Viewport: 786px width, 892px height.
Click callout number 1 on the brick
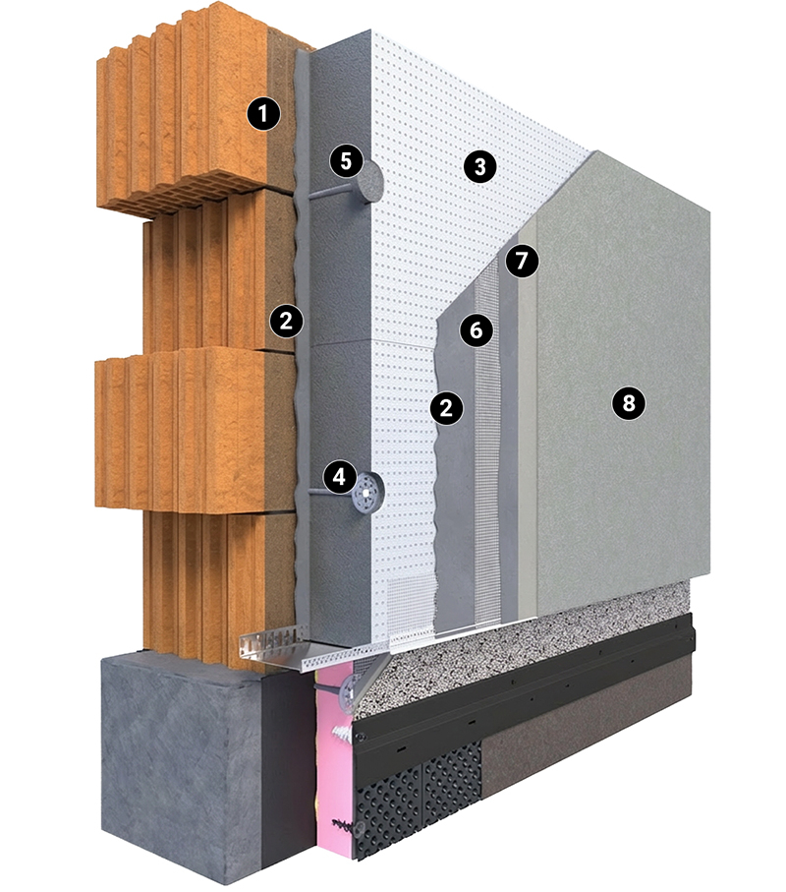click(x=263, y=113)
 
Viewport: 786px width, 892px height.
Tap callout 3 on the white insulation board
click(x=479, y=166)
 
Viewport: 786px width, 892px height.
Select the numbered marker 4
click(x=339, y=476)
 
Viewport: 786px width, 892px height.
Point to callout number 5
click(x=346, y=161)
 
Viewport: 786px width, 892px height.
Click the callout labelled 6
click(x=477, y=329)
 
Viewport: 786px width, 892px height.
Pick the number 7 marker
click(x=521, y=261)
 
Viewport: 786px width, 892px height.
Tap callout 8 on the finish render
click(x=628, y=403)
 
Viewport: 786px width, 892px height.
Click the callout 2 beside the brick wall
click(x=287, y=321)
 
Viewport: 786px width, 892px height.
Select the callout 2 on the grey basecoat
click(x=446, y=407)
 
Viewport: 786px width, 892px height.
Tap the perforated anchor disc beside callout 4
click(x=368, y=493)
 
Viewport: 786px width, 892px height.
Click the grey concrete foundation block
click(x=182, y=768)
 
